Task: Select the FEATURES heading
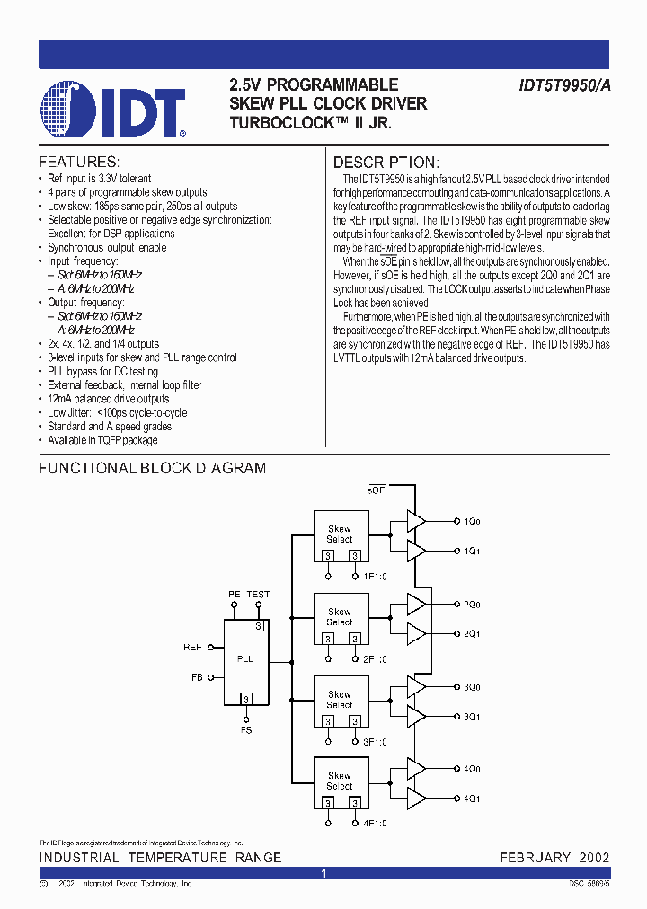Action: pos(79,163)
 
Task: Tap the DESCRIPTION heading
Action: pos(386,163)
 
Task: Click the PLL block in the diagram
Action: pos(244,660)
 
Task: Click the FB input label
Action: pos(197,677)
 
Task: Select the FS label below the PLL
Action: pos(245,729)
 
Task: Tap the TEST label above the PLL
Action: pos(259,595)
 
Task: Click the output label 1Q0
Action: pos(472,521)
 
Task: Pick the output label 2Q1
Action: pos(472,634)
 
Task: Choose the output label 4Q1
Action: pos(472,799)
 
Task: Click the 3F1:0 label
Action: pos(375,741)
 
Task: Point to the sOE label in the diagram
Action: pos(376,490)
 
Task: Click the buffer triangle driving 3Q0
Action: pos(416,686)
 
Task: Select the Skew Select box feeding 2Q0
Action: pos(340,618)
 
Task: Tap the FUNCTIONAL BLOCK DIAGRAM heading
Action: pos(152,468)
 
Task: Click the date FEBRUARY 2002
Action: pos(554,857)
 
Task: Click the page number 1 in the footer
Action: pos(323,873)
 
